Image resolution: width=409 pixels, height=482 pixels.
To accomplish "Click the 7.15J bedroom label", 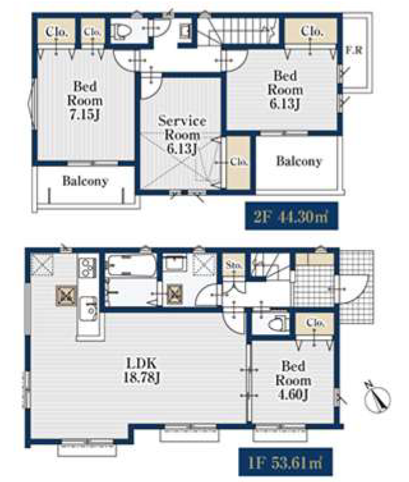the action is pos(85,100).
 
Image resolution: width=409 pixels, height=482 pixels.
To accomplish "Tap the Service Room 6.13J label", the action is pos(182,134).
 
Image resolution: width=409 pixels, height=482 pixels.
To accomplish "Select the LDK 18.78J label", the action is pos(142,370).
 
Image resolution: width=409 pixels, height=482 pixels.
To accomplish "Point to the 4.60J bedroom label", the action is pos(294,380).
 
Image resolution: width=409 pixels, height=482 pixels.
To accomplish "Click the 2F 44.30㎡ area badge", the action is pos(292,216).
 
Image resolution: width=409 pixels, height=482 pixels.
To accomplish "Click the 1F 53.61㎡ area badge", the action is pos(286,462).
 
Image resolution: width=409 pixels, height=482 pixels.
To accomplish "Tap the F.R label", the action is pos(354,50).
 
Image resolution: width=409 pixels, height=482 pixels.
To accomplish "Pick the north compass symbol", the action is pos(377,397).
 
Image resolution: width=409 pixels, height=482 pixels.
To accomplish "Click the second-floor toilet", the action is pos(122,31).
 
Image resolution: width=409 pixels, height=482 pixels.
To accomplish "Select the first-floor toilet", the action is pos(278,323).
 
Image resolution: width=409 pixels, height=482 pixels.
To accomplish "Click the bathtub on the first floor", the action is pos(131,265).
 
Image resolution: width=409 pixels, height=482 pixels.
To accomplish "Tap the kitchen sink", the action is pos(89,309).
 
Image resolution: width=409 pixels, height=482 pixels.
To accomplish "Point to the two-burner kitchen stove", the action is pos(88,267).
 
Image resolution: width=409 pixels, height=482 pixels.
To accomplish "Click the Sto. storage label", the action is pos(234,265).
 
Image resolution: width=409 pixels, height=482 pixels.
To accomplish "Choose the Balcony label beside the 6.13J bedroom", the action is pos(299,161).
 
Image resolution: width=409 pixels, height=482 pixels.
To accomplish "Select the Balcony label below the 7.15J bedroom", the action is pos(86,181).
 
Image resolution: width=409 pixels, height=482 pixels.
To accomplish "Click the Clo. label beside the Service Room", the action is pos(239,161).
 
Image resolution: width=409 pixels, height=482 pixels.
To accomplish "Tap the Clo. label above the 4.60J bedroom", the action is pos(315,322).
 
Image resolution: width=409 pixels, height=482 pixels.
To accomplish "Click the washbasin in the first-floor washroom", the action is pos(175,263).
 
